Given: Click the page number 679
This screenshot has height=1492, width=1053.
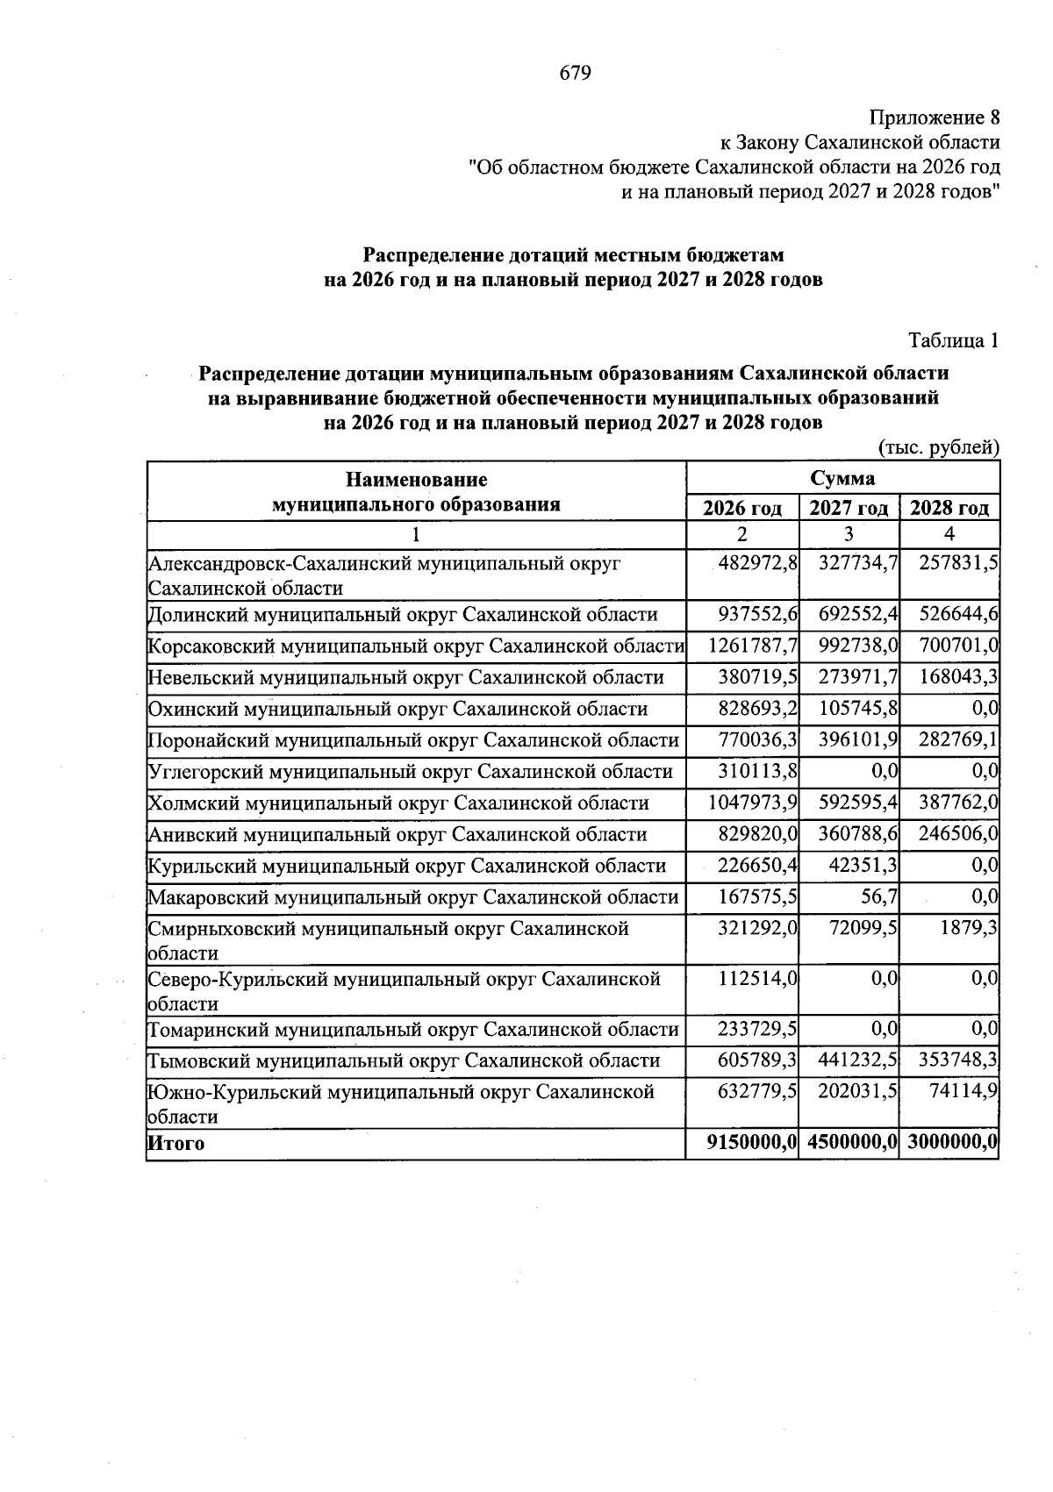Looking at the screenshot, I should click(576, 73).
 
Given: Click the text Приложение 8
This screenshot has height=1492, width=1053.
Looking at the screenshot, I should click(934, 118).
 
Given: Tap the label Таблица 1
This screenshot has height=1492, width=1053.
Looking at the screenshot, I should click(953, 340).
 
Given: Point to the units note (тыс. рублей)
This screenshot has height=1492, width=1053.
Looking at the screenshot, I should click(939, 447).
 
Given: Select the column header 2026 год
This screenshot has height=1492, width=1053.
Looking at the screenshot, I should click(742, 508).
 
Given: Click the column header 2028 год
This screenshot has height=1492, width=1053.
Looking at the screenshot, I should click(949, 508).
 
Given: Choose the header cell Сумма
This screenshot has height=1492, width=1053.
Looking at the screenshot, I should click(842, 479).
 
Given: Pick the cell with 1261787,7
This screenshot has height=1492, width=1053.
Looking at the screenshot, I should click(753, 646).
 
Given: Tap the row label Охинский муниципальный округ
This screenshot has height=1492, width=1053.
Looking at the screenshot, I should click(398, 709).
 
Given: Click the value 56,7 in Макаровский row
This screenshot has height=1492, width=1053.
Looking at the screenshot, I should click(880, 896).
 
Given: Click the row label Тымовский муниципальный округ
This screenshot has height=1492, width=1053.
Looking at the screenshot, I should click(403, 1060).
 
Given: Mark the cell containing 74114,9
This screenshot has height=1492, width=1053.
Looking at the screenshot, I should click(964, 1092).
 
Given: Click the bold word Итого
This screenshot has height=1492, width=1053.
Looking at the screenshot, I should click(175, 1144).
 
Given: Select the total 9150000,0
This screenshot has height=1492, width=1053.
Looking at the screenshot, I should click(752, 1144).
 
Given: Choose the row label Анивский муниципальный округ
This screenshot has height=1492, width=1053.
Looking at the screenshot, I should click(397, 834).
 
